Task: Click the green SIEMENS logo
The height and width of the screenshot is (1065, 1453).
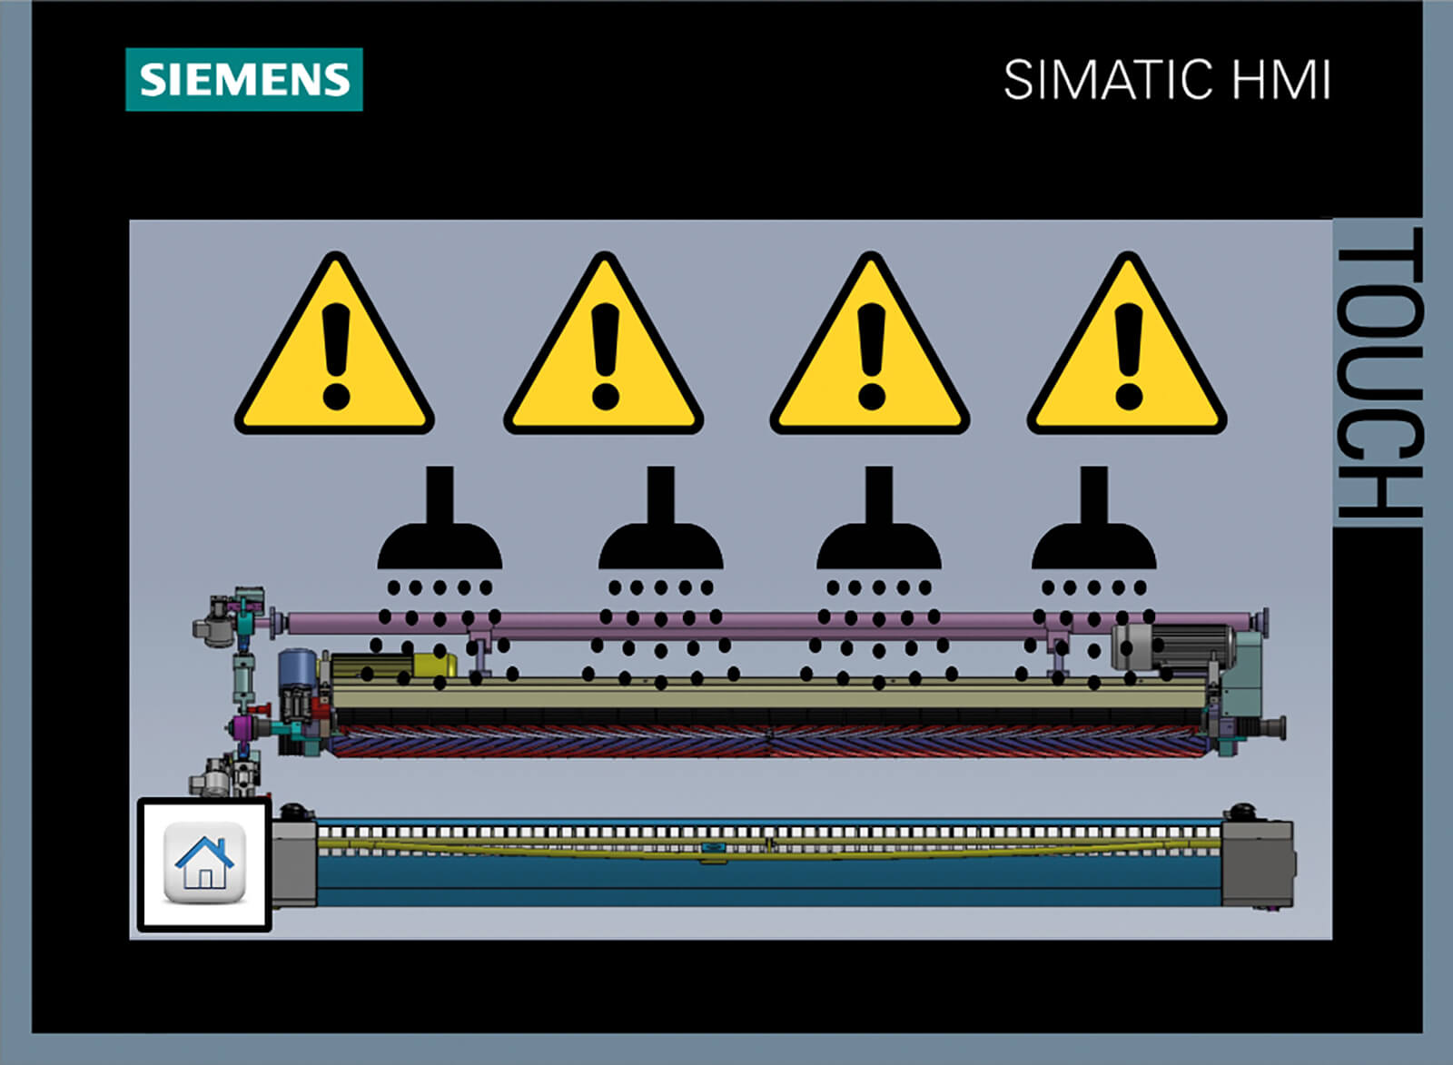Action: [244, 79]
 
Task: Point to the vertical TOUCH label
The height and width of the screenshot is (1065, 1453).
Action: [1379, 373]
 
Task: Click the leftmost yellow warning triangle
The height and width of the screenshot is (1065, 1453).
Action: [335, 344]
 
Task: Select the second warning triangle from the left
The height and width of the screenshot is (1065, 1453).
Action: [604, 344]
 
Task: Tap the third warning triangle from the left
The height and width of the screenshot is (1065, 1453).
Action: [870, 344]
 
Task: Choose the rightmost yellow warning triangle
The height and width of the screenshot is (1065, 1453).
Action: [1127, 344]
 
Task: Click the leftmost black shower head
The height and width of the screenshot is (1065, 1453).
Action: [440, 518]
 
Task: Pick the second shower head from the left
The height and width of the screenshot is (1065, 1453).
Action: [661, 518]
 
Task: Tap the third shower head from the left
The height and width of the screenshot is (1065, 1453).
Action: [879, 518]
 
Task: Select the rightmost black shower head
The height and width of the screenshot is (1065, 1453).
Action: [1094, 518]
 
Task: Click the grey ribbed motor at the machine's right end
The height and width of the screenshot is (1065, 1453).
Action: [1172, 646]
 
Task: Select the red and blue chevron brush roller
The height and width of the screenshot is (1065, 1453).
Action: [769, 742]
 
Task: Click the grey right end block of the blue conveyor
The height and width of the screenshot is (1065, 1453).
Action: [1258, 863]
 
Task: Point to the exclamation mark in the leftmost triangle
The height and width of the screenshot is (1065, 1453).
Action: [336, 356]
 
